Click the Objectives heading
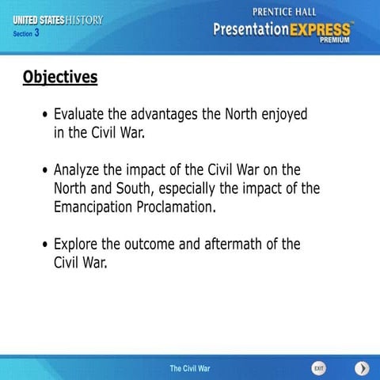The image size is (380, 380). coord(60,77)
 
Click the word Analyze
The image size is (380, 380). coord(79,171)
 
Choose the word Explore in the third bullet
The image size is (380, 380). coord(77,245)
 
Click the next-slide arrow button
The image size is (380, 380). coord(361,368)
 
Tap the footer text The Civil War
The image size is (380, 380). coord(190,369)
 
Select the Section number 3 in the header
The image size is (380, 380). coord(36,33)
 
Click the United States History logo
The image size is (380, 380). coord(58,20)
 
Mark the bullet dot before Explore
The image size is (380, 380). coord(45,245)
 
